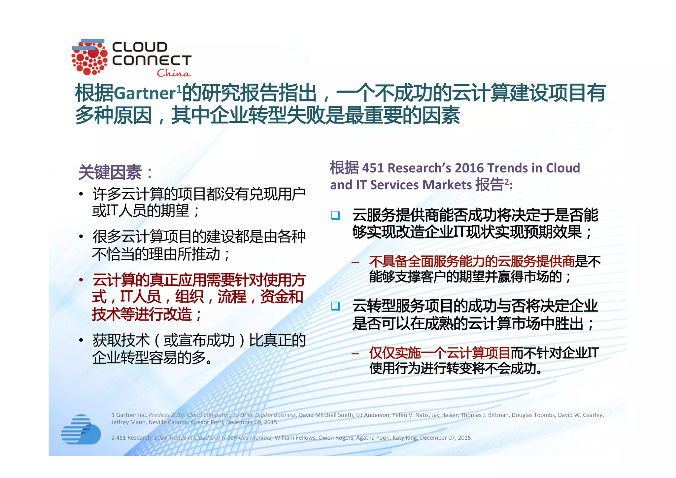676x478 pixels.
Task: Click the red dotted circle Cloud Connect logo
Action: (x=89, y=57)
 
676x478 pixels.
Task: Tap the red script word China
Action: (x=174, y=73)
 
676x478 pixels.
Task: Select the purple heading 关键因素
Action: (x=110, y=172)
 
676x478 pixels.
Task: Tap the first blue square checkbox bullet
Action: (x=335, y=215)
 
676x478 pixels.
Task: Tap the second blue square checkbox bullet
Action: (x=335, y=306)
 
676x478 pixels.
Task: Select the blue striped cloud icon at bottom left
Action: (x=81, y=429)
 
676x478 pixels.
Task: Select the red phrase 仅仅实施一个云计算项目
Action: (x=439, y=353)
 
